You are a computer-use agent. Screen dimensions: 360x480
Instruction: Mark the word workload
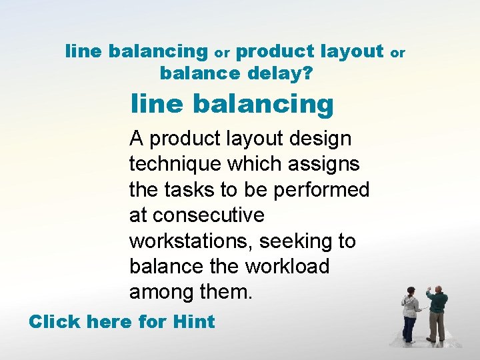287,266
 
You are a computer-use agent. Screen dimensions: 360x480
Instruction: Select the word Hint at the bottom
193,322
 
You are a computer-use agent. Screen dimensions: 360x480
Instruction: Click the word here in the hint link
109,322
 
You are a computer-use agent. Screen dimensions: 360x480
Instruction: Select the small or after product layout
397,51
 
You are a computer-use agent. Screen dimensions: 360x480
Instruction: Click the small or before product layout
222,51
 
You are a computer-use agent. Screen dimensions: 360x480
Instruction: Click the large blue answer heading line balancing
232,104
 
